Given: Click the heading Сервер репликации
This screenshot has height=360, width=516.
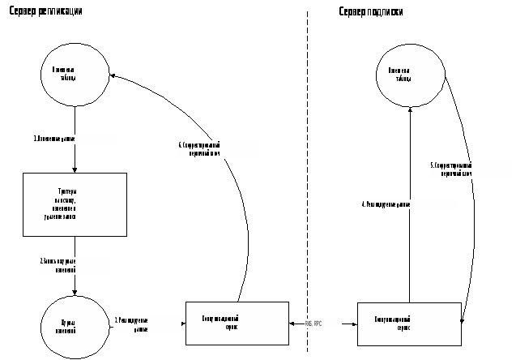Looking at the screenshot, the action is [45, 12].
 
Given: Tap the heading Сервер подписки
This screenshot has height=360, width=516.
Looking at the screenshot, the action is [371, 12].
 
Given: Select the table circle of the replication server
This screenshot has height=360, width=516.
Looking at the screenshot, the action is [75, 74].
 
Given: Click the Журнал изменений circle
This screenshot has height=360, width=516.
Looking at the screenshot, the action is [75, 325].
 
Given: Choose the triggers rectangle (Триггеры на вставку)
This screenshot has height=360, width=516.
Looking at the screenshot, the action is [75, 204].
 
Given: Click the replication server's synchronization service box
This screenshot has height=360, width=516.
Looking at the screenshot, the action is [237, 323].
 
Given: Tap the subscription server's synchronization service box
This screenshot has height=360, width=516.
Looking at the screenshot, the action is [408, 324].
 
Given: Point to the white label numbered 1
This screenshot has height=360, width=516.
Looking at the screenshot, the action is [74, 139].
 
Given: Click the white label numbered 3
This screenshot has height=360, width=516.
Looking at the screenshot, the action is [147, 324].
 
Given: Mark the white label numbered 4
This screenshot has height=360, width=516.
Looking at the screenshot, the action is [409, 204].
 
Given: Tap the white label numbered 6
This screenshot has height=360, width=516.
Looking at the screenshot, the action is [217, 149].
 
